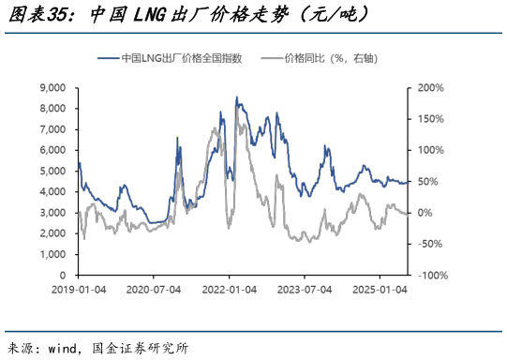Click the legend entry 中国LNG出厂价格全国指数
(182, 58)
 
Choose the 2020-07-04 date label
(153, 291)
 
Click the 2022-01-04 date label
(230, 291)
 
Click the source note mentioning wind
(97, 349)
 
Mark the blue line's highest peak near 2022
(236, 97)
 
